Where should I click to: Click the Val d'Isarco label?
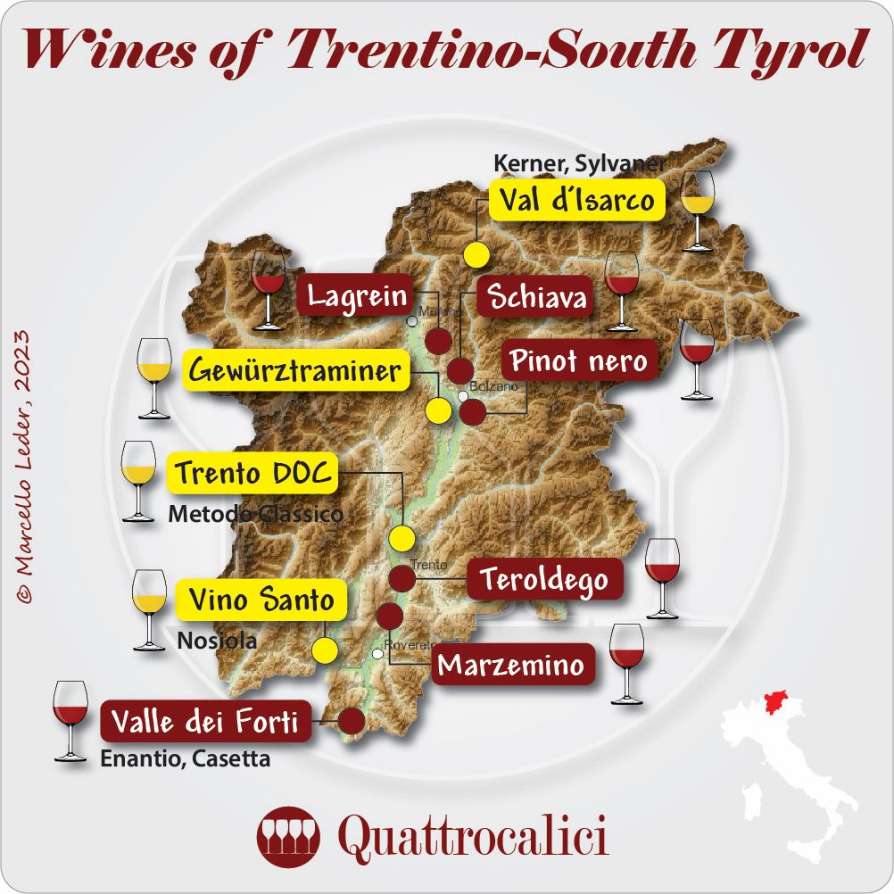click(577, 201)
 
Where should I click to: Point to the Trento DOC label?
click(252, 474)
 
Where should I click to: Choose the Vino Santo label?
click(261, 600)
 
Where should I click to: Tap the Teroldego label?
click(544, 581)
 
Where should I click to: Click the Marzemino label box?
click(512, 665)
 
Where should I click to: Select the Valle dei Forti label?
click(208, 722)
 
